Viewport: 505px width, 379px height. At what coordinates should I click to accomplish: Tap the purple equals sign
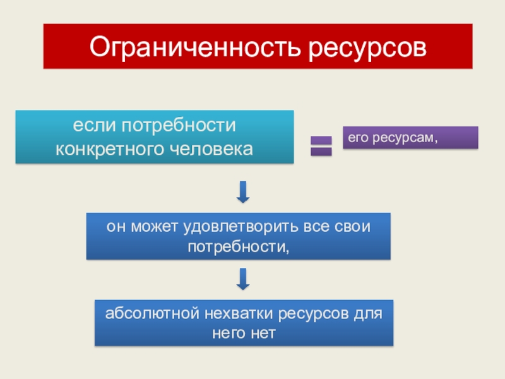pos(321,146)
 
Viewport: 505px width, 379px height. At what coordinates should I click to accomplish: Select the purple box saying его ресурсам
pos(410,138)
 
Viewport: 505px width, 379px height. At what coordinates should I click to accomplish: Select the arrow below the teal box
pos(242,192)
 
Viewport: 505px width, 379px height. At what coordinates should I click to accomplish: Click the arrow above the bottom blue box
pos(242,279)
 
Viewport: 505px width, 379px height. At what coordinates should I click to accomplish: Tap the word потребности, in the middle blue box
pos(238,245)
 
